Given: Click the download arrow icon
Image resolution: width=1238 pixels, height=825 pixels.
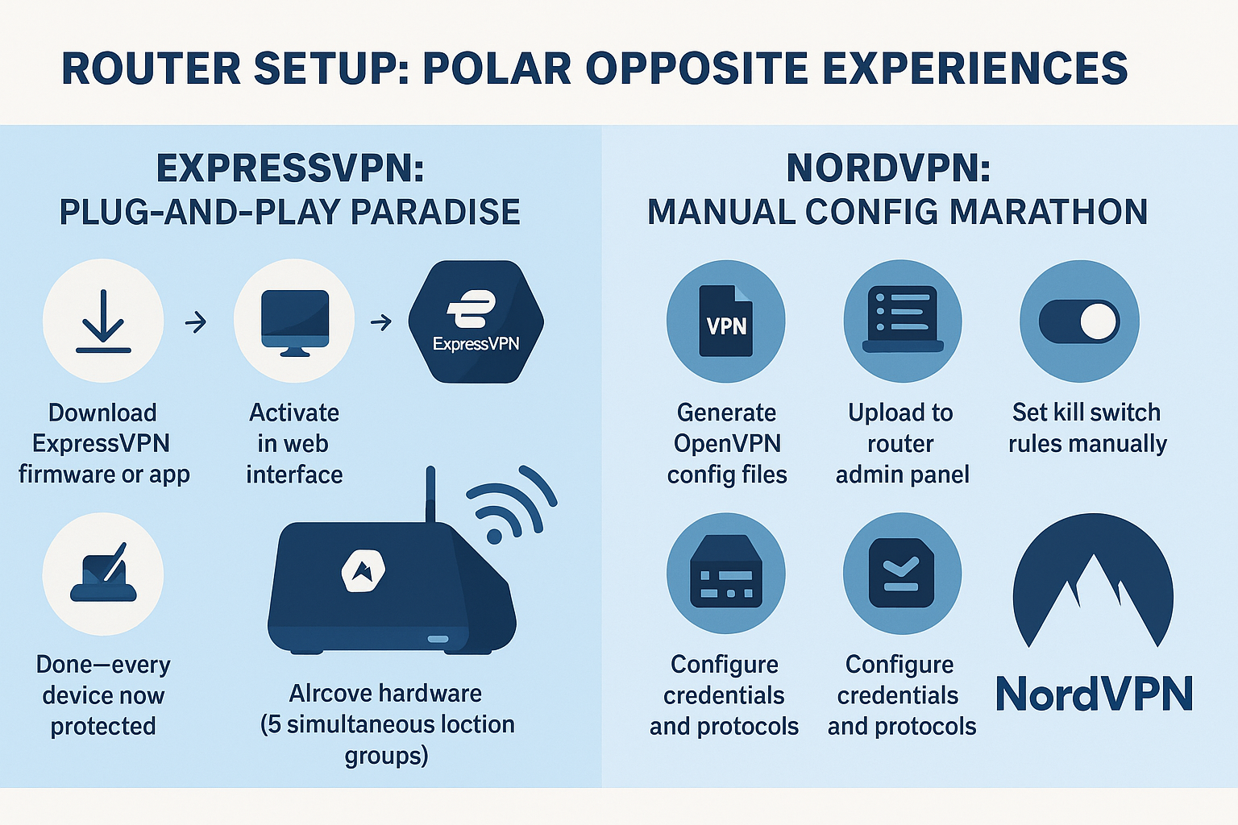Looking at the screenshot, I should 103,321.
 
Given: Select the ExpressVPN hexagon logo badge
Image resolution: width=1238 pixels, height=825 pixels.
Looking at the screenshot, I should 476,321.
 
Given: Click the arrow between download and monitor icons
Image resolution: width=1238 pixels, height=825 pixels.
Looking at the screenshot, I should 196,322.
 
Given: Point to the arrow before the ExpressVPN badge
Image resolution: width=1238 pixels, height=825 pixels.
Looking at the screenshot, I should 380,322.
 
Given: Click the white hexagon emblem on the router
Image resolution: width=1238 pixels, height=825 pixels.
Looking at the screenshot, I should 363,571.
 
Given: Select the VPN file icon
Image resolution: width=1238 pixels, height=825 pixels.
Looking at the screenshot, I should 725,321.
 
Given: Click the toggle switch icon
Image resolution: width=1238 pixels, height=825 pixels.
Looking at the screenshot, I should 1079,321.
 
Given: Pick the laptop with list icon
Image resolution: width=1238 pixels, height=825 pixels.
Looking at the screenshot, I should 903,321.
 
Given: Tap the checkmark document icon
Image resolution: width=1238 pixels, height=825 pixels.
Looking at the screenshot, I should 902,573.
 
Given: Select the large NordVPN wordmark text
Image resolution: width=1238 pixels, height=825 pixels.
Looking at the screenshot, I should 1094,694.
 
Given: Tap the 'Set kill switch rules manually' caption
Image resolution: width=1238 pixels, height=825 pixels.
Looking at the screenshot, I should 1087,428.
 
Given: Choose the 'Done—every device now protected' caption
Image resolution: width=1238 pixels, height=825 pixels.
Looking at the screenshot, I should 103,694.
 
